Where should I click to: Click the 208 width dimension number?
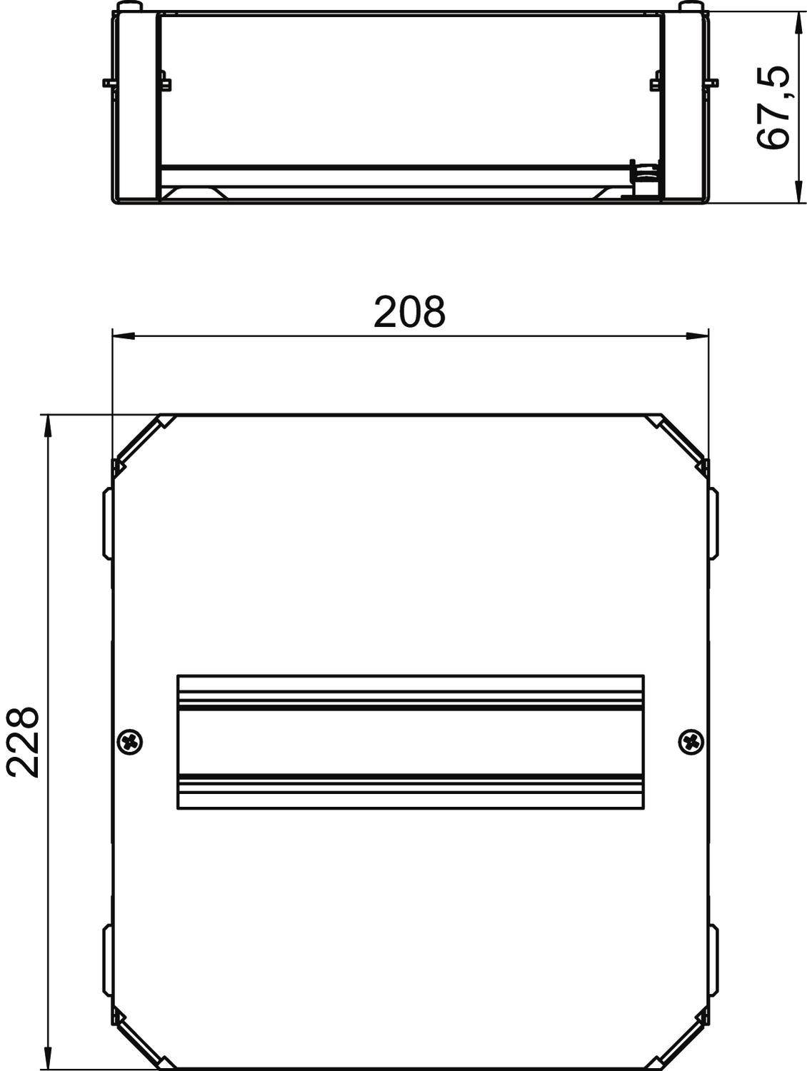409,312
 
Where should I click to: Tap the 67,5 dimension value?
773,107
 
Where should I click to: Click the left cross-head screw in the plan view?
129,741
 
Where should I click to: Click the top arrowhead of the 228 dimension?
48,426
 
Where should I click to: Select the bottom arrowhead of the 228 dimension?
48,1058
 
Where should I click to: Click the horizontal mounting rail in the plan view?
410,742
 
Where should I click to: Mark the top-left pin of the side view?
126,8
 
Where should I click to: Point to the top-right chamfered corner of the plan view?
682,439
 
